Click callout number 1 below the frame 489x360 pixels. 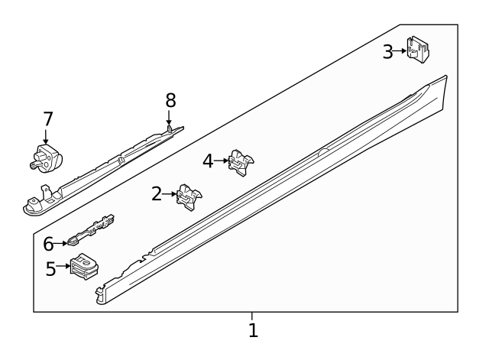pos(253,330)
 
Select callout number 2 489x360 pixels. pos(157,194)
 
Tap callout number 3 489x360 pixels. pos(388,51)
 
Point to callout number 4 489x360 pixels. pos(209,161)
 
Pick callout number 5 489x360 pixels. pos(51,268)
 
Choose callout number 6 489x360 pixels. pos(48,244)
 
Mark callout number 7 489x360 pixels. pos(48,118)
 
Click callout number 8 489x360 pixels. pos(170,99)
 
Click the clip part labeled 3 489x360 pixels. pos(417,49)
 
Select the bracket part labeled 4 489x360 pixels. pos(241,161)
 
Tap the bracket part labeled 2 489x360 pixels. pos(188,196)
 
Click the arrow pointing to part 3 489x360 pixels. pos(400,51)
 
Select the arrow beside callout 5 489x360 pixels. pos(63,268)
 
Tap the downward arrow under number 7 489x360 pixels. pos(46,137)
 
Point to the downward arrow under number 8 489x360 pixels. pos(169,117)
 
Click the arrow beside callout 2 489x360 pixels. pos(170,194)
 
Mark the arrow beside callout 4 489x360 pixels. pos(222,161)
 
